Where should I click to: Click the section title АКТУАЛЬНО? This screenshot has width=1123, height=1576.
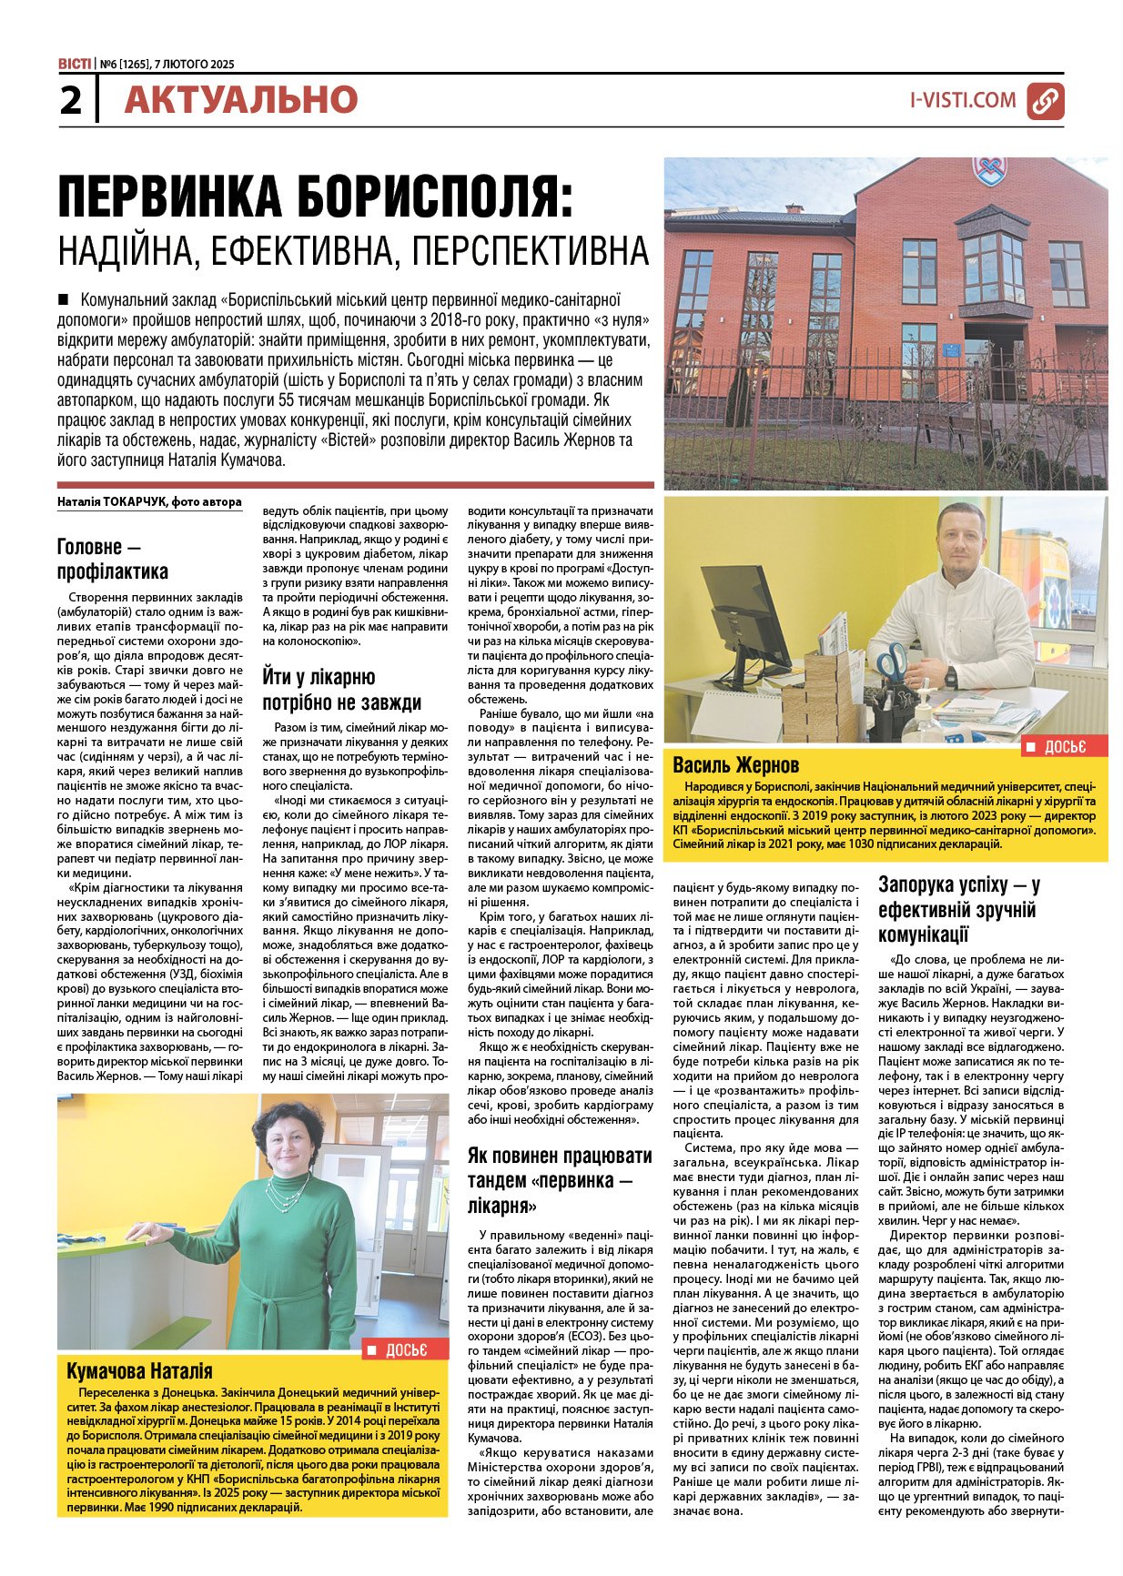click(241, 100)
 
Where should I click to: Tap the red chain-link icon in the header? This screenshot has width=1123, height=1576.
click(1045, 101)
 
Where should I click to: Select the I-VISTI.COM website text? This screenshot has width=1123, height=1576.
click(963, 100)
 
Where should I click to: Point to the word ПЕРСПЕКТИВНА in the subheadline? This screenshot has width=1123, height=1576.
click(531, 249)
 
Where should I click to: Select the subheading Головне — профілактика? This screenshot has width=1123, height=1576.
click(113, 559)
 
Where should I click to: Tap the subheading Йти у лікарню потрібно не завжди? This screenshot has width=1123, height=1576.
click(342, 689)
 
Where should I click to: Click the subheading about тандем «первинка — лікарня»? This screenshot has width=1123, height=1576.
click(560, 1180)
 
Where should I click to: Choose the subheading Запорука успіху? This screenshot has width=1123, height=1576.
click(959, 909)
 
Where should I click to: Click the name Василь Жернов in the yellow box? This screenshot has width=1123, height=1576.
click(735, 764)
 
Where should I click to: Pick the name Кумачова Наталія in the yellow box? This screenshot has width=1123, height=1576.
click(139, 1370)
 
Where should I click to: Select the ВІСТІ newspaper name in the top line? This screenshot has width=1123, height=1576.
click(74, 64)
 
